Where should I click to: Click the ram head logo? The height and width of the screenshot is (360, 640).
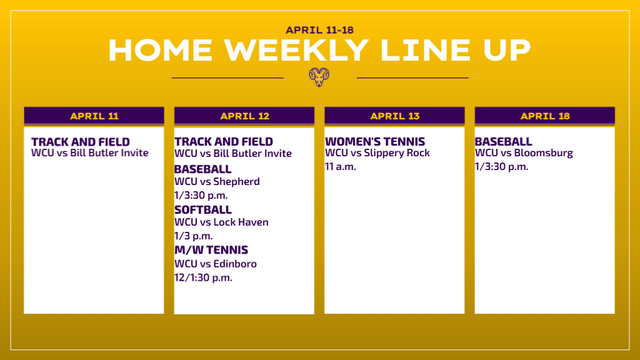319,77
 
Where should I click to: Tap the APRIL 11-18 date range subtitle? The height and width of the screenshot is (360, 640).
319,30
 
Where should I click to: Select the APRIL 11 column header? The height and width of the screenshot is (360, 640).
94,116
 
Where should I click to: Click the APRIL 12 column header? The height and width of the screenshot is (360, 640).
244,116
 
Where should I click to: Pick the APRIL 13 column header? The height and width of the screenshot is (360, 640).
395,116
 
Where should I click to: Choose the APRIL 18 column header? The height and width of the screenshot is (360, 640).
545,116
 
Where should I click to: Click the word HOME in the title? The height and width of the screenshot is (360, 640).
161,50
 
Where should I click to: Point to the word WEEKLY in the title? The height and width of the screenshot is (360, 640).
296,50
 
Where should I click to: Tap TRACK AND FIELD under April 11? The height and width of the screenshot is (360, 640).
81,142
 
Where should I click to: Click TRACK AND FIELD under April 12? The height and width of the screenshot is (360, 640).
224,142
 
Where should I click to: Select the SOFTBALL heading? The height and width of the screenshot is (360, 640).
203,210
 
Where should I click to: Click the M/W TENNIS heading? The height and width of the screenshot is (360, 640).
211,250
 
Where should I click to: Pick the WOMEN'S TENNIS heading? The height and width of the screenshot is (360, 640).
375,142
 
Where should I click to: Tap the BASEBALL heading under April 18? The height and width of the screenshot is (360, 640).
503,142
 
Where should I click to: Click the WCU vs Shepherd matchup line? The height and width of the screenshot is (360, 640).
217,181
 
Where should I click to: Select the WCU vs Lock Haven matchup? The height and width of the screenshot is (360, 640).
221,222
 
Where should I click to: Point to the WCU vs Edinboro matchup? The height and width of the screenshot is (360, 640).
216,264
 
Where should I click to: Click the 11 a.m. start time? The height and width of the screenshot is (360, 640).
341,166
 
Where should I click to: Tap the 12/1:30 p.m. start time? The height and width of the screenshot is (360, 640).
203,277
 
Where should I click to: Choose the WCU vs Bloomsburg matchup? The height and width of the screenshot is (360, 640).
524,153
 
